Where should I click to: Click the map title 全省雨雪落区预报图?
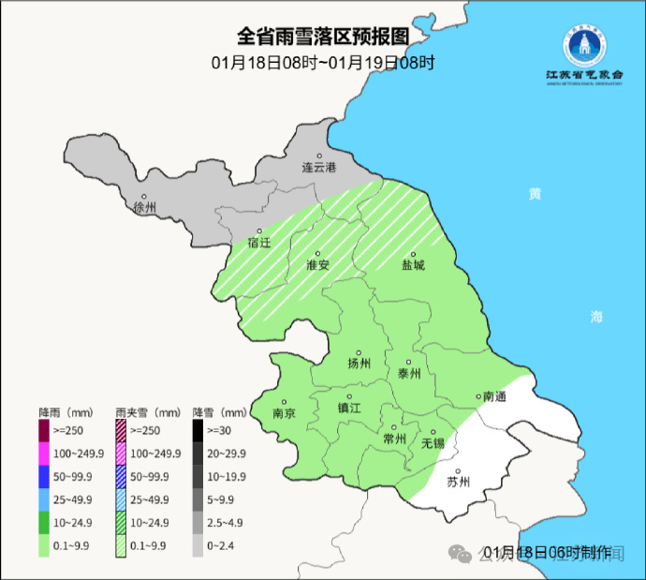323,37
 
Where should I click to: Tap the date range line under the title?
323,63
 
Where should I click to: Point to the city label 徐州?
145,206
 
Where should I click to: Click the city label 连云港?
318,167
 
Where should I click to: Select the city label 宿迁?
259,243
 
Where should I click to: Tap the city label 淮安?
318,265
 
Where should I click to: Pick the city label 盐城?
413,265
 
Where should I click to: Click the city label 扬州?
359,364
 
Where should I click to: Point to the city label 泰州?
409,373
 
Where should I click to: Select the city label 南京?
284,413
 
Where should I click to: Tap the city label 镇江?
349,409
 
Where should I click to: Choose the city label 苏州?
458,483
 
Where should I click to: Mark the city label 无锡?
433,443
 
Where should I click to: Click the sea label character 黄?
535,194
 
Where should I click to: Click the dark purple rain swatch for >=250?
43,431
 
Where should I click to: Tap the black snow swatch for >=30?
198,431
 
